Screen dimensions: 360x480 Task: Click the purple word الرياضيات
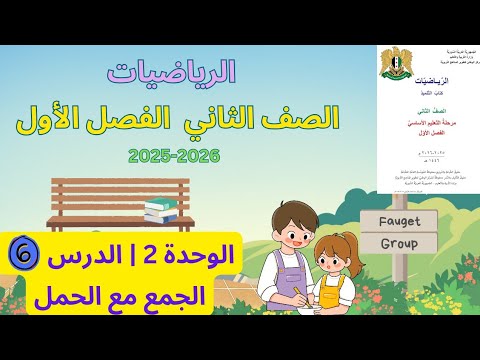coord(185,73)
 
